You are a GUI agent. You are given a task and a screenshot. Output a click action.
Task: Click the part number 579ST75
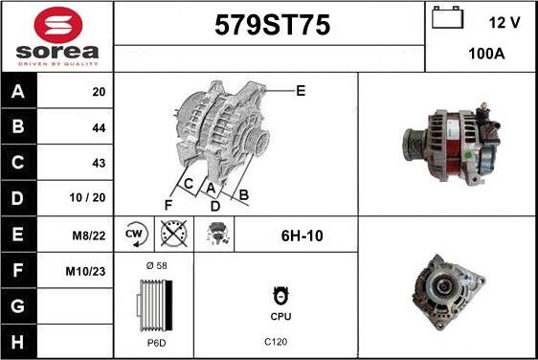[272, 26]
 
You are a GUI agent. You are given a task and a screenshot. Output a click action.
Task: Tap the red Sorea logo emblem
[58, 25]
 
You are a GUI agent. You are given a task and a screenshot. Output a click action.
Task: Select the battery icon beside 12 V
[447, 17]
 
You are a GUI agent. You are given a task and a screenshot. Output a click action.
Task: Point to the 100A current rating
[486, 54]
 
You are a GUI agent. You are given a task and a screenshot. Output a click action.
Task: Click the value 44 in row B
[99, 128]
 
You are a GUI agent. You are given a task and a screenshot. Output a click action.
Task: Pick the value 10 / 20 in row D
[87, 197]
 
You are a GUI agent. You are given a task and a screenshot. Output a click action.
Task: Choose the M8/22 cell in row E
[88, 236]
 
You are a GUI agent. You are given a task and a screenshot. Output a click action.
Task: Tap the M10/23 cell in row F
[85, 272]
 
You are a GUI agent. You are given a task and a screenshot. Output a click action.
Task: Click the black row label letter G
[18, 306]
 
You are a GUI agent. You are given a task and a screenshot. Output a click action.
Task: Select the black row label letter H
[18, 342]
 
